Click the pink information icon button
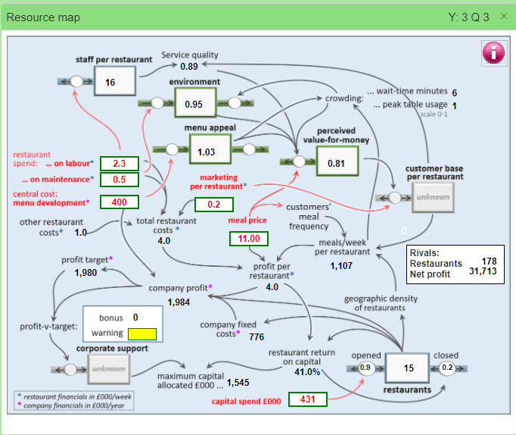[x=493, y=54]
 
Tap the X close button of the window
[x=504, y=16]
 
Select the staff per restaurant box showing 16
[x=114, y=82]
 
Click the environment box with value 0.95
[x=194, y=103]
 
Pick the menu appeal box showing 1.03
[x=207, y=152]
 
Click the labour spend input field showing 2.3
[x=120, y=164]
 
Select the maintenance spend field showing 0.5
[x=120, y=179]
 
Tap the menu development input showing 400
[x=120, y=202]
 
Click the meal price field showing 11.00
[x=250, y=239]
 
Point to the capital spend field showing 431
[x=307, y=399]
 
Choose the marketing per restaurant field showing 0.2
[x=214, y=204]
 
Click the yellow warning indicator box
[x=141, y=333]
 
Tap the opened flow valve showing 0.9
[x=365, y=368]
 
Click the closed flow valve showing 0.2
[x=447, y=368]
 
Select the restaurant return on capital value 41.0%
[x=307, y=372]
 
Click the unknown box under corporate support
[x=108, y=369]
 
